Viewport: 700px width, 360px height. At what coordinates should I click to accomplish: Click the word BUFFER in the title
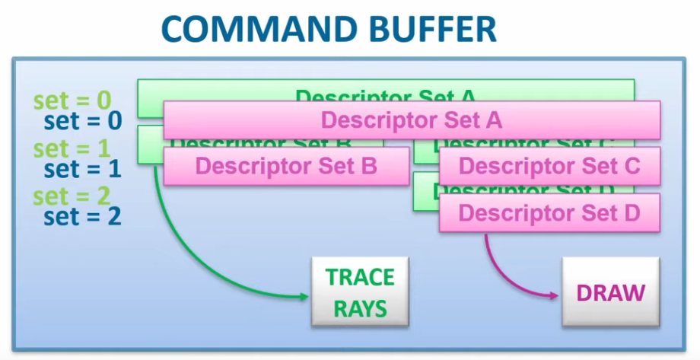438,30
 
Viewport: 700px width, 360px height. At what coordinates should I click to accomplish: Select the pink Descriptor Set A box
411,120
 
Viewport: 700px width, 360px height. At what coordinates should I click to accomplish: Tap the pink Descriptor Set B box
286,166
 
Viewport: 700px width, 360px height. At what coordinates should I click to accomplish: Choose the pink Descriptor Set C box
549,166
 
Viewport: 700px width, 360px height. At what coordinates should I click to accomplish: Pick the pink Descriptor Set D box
549,212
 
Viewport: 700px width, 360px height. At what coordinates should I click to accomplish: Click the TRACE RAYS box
360,292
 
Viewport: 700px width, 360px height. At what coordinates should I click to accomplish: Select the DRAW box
611,292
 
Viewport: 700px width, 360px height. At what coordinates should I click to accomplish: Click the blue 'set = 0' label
83,121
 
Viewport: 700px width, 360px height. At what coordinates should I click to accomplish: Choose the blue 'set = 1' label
83,168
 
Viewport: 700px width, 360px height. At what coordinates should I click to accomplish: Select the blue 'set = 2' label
83,216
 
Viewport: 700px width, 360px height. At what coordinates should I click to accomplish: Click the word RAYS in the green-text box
360,308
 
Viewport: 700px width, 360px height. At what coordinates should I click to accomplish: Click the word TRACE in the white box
360,277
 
